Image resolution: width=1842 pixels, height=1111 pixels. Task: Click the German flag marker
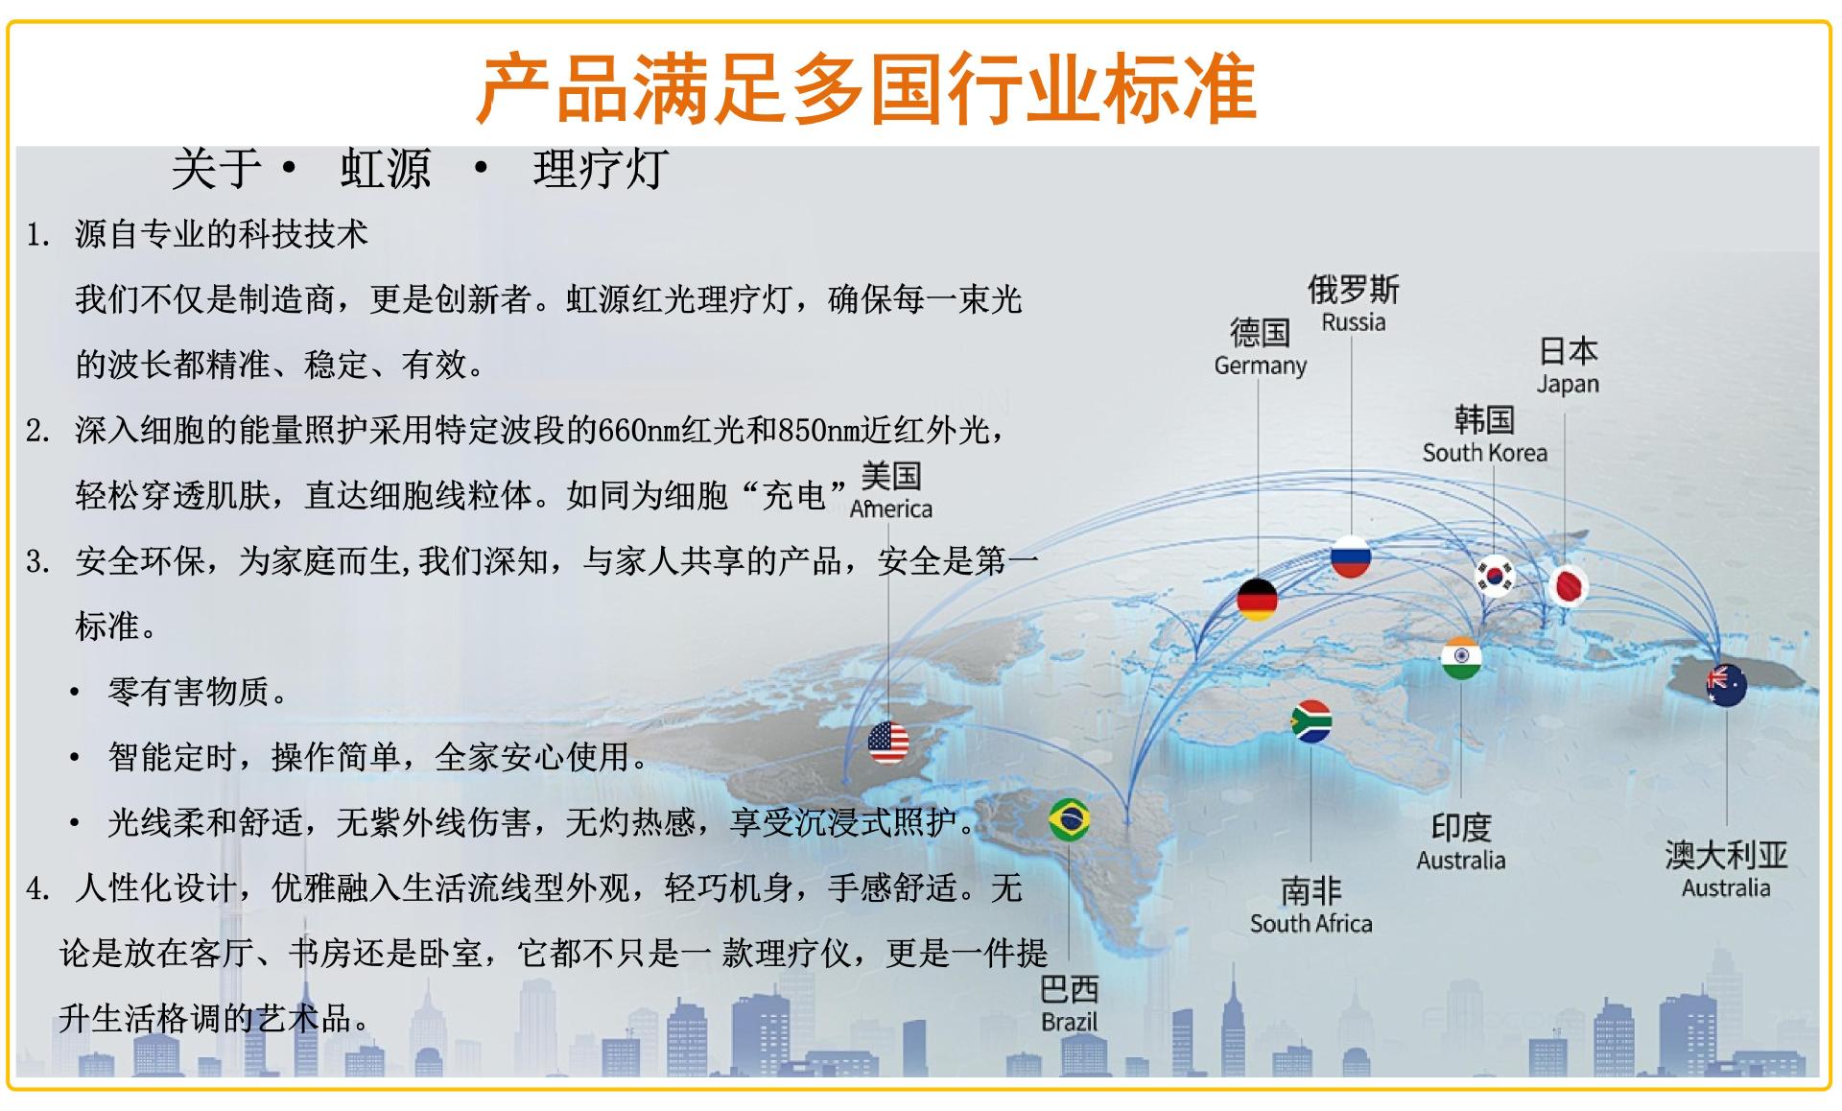click(x=1257, y=600)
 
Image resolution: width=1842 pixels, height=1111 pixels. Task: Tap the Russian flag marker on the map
click(x=1351, y=556)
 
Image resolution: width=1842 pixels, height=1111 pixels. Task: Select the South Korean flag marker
click(x=1495, y=576)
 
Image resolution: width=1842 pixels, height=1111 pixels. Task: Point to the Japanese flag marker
click(x=1569, y=586)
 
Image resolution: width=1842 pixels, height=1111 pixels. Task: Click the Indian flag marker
click(x=1461, y=658)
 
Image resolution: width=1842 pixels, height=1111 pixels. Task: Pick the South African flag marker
click(x=1311, y=721)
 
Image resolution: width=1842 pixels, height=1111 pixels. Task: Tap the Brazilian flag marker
click(x=1069, y=819)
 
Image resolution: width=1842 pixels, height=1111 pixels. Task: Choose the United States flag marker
click(x=888, y=743)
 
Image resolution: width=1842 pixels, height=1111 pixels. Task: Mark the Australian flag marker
click(x=1727, y=685)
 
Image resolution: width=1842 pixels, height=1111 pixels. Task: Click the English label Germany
click(x=1260, y=366)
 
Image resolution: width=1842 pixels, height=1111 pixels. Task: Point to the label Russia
click(x=1353, y=322)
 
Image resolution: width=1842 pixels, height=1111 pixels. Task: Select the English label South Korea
click(x=1484, y=453)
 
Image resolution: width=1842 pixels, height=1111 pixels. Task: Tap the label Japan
click(x=1568, y=384)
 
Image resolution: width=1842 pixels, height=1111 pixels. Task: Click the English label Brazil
click(x=1069, y=1022)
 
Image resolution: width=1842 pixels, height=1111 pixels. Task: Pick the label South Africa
click(x=1311, y=924)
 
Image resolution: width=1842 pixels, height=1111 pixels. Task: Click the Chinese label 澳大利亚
click(x=1726, y=855)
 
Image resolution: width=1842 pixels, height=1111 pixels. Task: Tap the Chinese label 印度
click(x=1461, y=827)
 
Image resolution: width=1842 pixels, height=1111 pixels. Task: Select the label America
click(x=890, y=508)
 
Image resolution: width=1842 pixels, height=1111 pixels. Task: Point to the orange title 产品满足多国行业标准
click(x=867, y=88)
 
